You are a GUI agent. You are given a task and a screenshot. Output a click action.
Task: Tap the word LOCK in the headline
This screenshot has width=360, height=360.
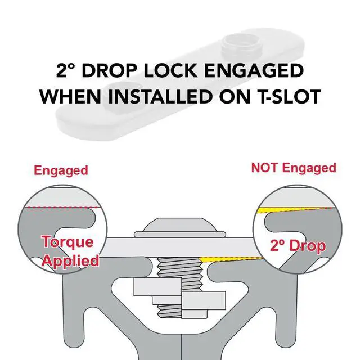click(x=170, y=70)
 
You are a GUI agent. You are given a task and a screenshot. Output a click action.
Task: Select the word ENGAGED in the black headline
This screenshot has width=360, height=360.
click(x=254, y=70)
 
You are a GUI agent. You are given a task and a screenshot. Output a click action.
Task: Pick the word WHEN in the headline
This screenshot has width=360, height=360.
click(x=70, y=96)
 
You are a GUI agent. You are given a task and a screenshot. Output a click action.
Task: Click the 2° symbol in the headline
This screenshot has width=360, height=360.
click(x=65, y=70)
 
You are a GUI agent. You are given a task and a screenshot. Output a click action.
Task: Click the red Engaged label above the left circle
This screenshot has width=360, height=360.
click(x=61, y=171)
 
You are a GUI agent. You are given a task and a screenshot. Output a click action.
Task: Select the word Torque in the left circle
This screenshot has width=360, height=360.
click(x=67, y=242)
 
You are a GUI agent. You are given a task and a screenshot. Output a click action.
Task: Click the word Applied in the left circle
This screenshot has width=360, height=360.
click(x=70, y=261)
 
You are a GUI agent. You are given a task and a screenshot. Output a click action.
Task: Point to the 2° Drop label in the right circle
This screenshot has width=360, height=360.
click(x=298, y=246)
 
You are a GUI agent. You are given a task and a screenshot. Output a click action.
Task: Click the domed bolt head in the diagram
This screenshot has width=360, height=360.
click(x=180, y=224)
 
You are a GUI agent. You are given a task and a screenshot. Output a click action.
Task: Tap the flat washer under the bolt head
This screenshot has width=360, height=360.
click(x=180, y=235)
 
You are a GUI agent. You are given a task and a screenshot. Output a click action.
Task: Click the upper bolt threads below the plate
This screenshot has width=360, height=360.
click(x=180, y=268)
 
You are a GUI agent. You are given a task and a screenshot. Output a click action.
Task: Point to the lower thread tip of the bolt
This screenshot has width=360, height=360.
click(x=170, y=311)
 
